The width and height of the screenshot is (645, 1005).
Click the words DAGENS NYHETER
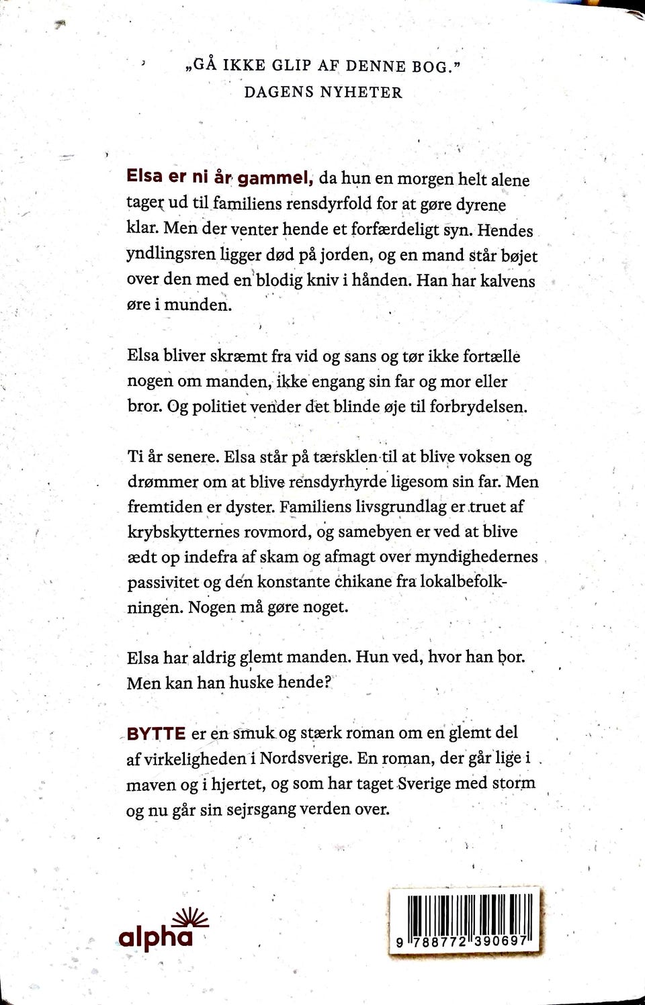coord(323,92)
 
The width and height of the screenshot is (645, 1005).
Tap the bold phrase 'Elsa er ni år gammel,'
coord(220,177)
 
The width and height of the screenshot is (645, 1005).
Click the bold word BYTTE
coord(156,733)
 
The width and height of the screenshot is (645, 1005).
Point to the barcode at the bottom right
coord(464,921)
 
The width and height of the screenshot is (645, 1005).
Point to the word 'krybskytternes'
coord(183,532)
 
